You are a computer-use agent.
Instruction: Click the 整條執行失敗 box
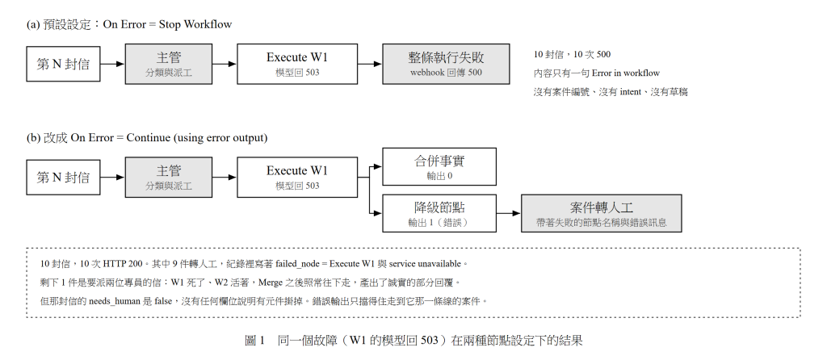[446, 64]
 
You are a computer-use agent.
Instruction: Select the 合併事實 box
[439, 166]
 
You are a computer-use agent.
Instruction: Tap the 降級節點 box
[439, 213]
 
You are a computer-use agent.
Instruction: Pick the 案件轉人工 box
[601, 213]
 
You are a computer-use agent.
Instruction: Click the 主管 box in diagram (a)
[169, 64]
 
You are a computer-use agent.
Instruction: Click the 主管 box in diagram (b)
[169, 177]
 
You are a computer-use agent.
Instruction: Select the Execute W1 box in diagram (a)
[297, 64]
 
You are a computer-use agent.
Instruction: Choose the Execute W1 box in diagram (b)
[297, 177]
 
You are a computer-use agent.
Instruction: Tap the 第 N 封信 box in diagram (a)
[63, 64]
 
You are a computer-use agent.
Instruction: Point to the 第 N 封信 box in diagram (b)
[63, 177]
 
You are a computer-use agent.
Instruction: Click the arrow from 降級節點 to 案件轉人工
[509, 213]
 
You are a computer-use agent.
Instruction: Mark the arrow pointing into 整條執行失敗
[370, 64]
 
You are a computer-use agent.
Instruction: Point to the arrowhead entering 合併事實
[378, 166]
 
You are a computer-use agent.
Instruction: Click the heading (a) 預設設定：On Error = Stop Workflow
[129, 24]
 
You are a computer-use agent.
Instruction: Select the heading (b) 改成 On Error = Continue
[147, 137]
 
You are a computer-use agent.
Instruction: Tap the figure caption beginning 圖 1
[413, 340]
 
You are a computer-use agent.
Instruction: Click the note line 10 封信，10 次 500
[572, 54]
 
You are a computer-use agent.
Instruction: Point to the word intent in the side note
[630, 92]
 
